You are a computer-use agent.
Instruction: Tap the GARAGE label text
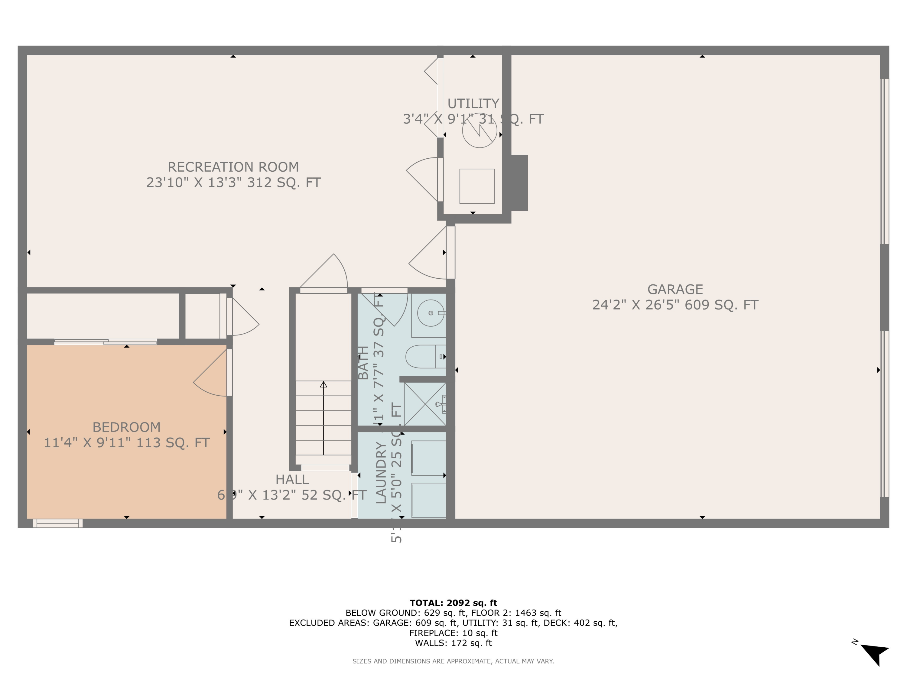(x=675, y=290)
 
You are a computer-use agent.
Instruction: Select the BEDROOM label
(x=126, y=427)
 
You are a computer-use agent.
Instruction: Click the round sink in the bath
(x=430, y=313)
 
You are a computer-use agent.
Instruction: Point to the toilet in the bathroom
(x=424, y=357)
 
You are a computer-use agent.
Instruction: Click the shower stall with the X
(x=425, y=404)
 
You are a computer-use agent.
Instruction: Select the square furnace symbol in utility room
(x=476, y=186)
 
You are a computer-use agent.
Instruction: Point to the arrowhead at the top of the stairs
(x=323, y=384)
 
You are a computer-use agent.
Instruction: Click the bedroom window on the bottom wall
(x=57, y=523)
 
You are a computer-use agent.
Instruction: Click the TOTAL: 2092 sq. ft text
(x=453, y=603)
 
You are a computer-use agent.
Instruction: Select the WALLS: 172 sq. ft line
(x=453, y=643)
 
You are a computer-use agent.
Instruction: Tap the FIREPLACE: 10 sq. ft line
(x=453, y=633)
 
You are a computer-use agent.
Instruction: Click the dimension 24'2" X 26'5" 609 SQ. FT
(x=675, y=305)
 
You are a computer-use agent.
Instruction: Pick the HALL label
(x=292, y=480)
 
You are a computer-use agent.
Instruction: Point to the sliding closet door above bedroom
(x=106, y=342)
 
